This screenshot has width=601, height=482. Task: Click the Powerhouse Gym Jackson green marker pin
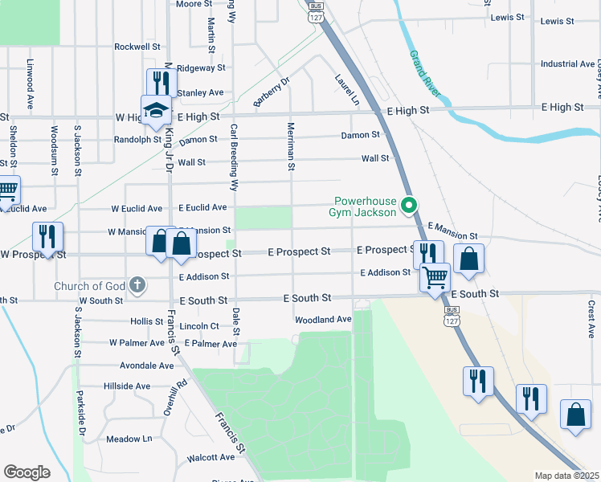click(x=409, y=206)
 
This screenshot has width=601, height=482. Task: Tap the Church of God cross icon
click(x=137, y=285)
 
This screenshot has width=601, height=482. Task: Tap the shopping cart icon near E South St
click(x=435, y=277)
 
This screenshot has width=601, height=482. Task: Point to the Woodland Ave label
click(x=323, y=320)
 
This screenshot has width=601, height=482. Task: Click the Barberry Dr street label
click(x=271, y=92)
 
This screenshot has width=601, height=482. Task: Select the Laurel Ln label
click(x=347, y=91)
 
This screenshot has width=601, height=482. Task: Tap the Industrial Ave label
click(x=567, y=64)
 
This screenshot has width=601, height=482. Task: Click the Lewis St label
click(x=507, y=17)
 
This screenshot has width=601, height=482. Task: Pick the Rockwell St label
click(x=138, y=47)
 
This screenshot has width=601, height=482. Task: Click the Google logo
click(x=27, y=472)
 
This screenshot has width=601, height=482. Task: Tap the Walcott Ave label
click(x=210, y=457)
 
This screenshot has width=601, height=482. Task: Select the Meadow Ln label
click(x=129, y=439)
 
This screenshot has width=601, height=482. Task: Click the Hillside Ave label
click(x=127, y=386)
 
